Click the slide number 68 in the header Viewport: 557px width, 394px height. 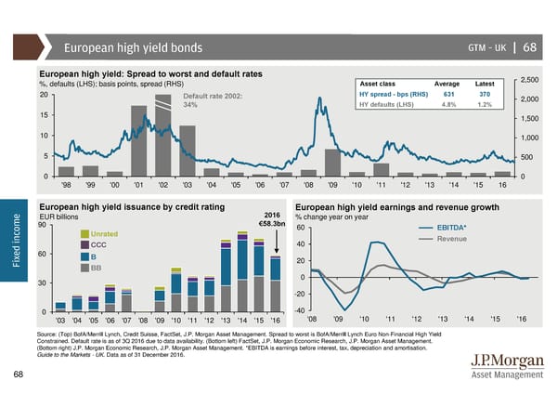[x=529, y=47]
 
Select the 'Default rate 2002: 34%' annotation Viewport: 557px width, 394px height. [x=214, y=100]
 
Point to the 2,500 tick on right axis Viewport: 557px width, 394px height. [x=532, y=80]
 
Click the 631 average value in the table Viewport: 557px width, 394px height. [x=447, y=93]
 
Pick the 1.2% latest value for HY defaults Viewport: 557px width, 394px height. [x=485, y=103]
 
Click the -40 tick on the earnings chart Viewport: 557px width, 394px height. [x=300, y=311]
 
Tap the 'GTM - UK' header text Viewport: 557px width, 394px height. [x=480, y=47]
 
